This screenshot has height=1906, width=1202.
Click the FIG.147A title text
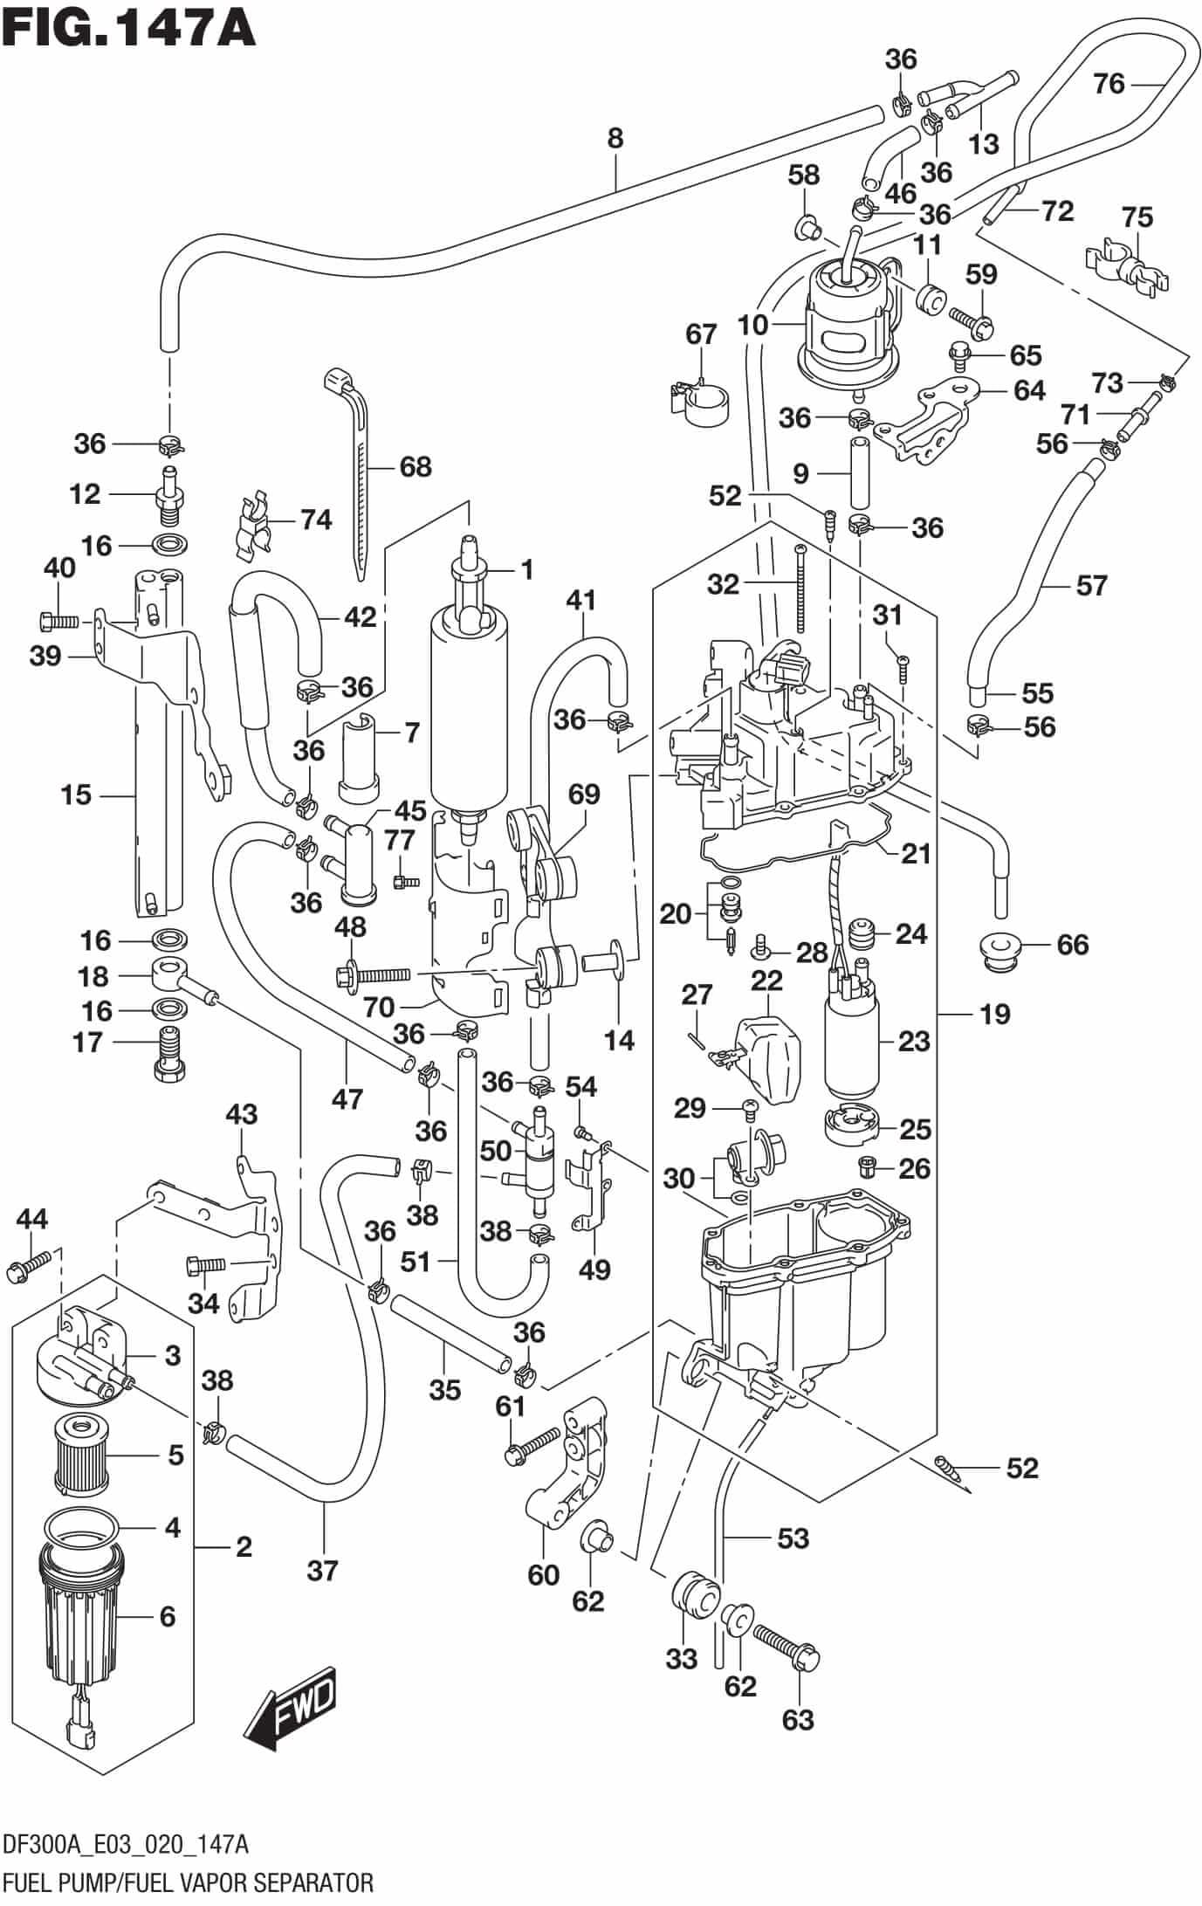coord(128,26)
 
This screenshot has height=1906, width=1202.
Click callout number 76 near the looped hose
coord(1109,84)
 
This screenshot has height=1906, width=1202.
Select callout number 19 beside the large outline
coord(993,1014)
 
